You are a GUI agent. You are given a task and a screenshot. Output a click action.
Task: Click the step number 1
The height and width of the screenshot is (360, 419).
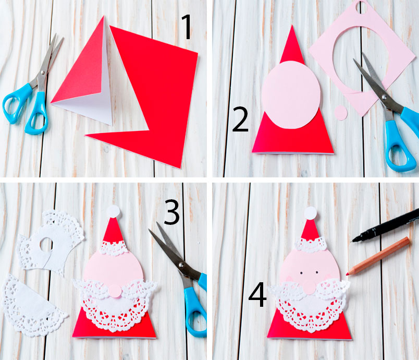pos(187,27)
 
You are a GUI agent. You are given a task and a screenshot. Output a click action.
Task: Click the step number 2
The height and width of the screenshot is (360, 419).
pos(240,119)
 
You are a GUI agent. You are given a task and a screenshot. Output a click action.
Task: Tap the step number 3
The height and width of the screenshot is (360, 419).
pos(171,212)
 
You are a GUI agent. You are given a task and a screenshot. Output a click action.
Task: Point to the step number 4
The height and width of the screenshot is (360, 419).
pos(257,294)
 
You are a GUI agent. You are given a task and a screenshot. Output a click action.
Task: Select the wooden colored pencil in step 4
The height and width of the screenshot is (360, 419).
pos(378,256)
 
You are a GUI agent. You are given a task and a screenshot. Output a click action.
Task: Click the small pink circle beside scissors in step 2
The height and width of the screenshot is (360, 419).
pos(341,113)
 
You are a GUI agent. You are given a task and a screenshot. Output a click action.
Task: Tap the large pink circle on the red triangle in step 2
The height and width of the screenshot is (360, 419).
pos(291,95)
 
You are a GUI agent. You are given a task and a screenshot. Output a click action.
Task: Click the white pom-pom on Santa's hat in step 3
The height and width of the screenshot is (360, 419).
pos(114,211)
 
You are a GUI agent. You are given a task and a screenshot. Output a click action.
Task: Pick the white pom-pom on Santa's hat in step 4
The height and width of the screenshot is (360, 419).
pos(310,213)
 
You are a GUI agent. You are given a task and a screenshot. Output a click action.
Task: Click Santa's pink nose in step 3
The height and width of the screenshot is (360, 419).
pos(115,291)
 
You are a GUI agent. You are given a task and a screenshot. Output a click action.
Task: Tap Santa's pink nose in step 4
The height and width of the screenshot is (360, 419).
pos(309,287)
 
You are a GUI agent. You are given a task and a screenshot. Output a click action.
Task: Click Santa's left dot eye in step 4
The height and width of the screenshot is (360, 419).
pos(301,273)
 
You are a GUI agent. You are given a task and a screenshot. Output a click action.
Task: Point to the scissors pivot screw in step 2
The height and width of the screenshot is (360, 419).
pos(385,97)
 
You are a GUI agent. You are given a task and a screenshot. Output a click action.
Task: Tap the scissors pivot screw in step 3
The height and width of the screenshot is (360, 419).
pos(181,265)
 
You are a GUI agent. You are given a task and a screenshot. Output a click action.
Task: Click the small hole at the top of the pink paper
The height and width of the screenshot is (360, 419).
pos(362,7)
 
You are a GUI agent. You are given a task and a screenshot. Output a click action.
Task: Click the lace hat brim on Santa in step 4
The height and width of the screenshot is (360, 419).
pos(311,245)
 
